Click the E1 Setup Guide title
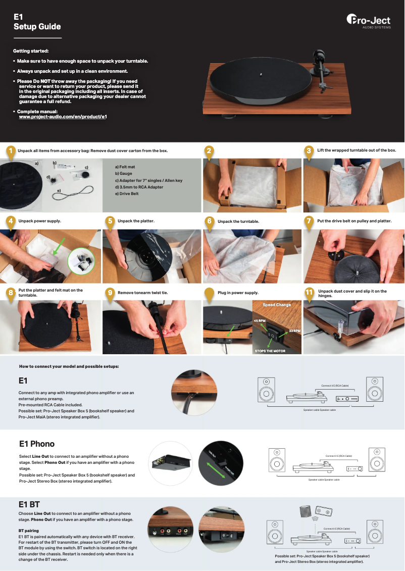pos(37,22)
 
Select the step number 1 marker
pos(9,151)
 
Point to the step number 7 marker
pos(309,221)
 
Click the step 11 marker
pos(310,293)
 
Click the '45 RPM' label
pos(260,321)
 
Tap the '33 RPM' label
pos(294,331)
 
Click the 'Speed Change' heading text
pos(276,305)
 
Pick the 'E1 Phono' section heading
pos(36,444)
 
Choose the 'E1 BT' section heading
pos(29,504)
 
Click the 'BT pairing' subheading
pos(29,531)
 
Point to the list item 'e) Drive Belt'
pos(127,194)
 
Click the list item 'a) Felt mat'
pos(125,167)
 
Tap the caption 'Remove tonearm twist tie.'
pos(142,293)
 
